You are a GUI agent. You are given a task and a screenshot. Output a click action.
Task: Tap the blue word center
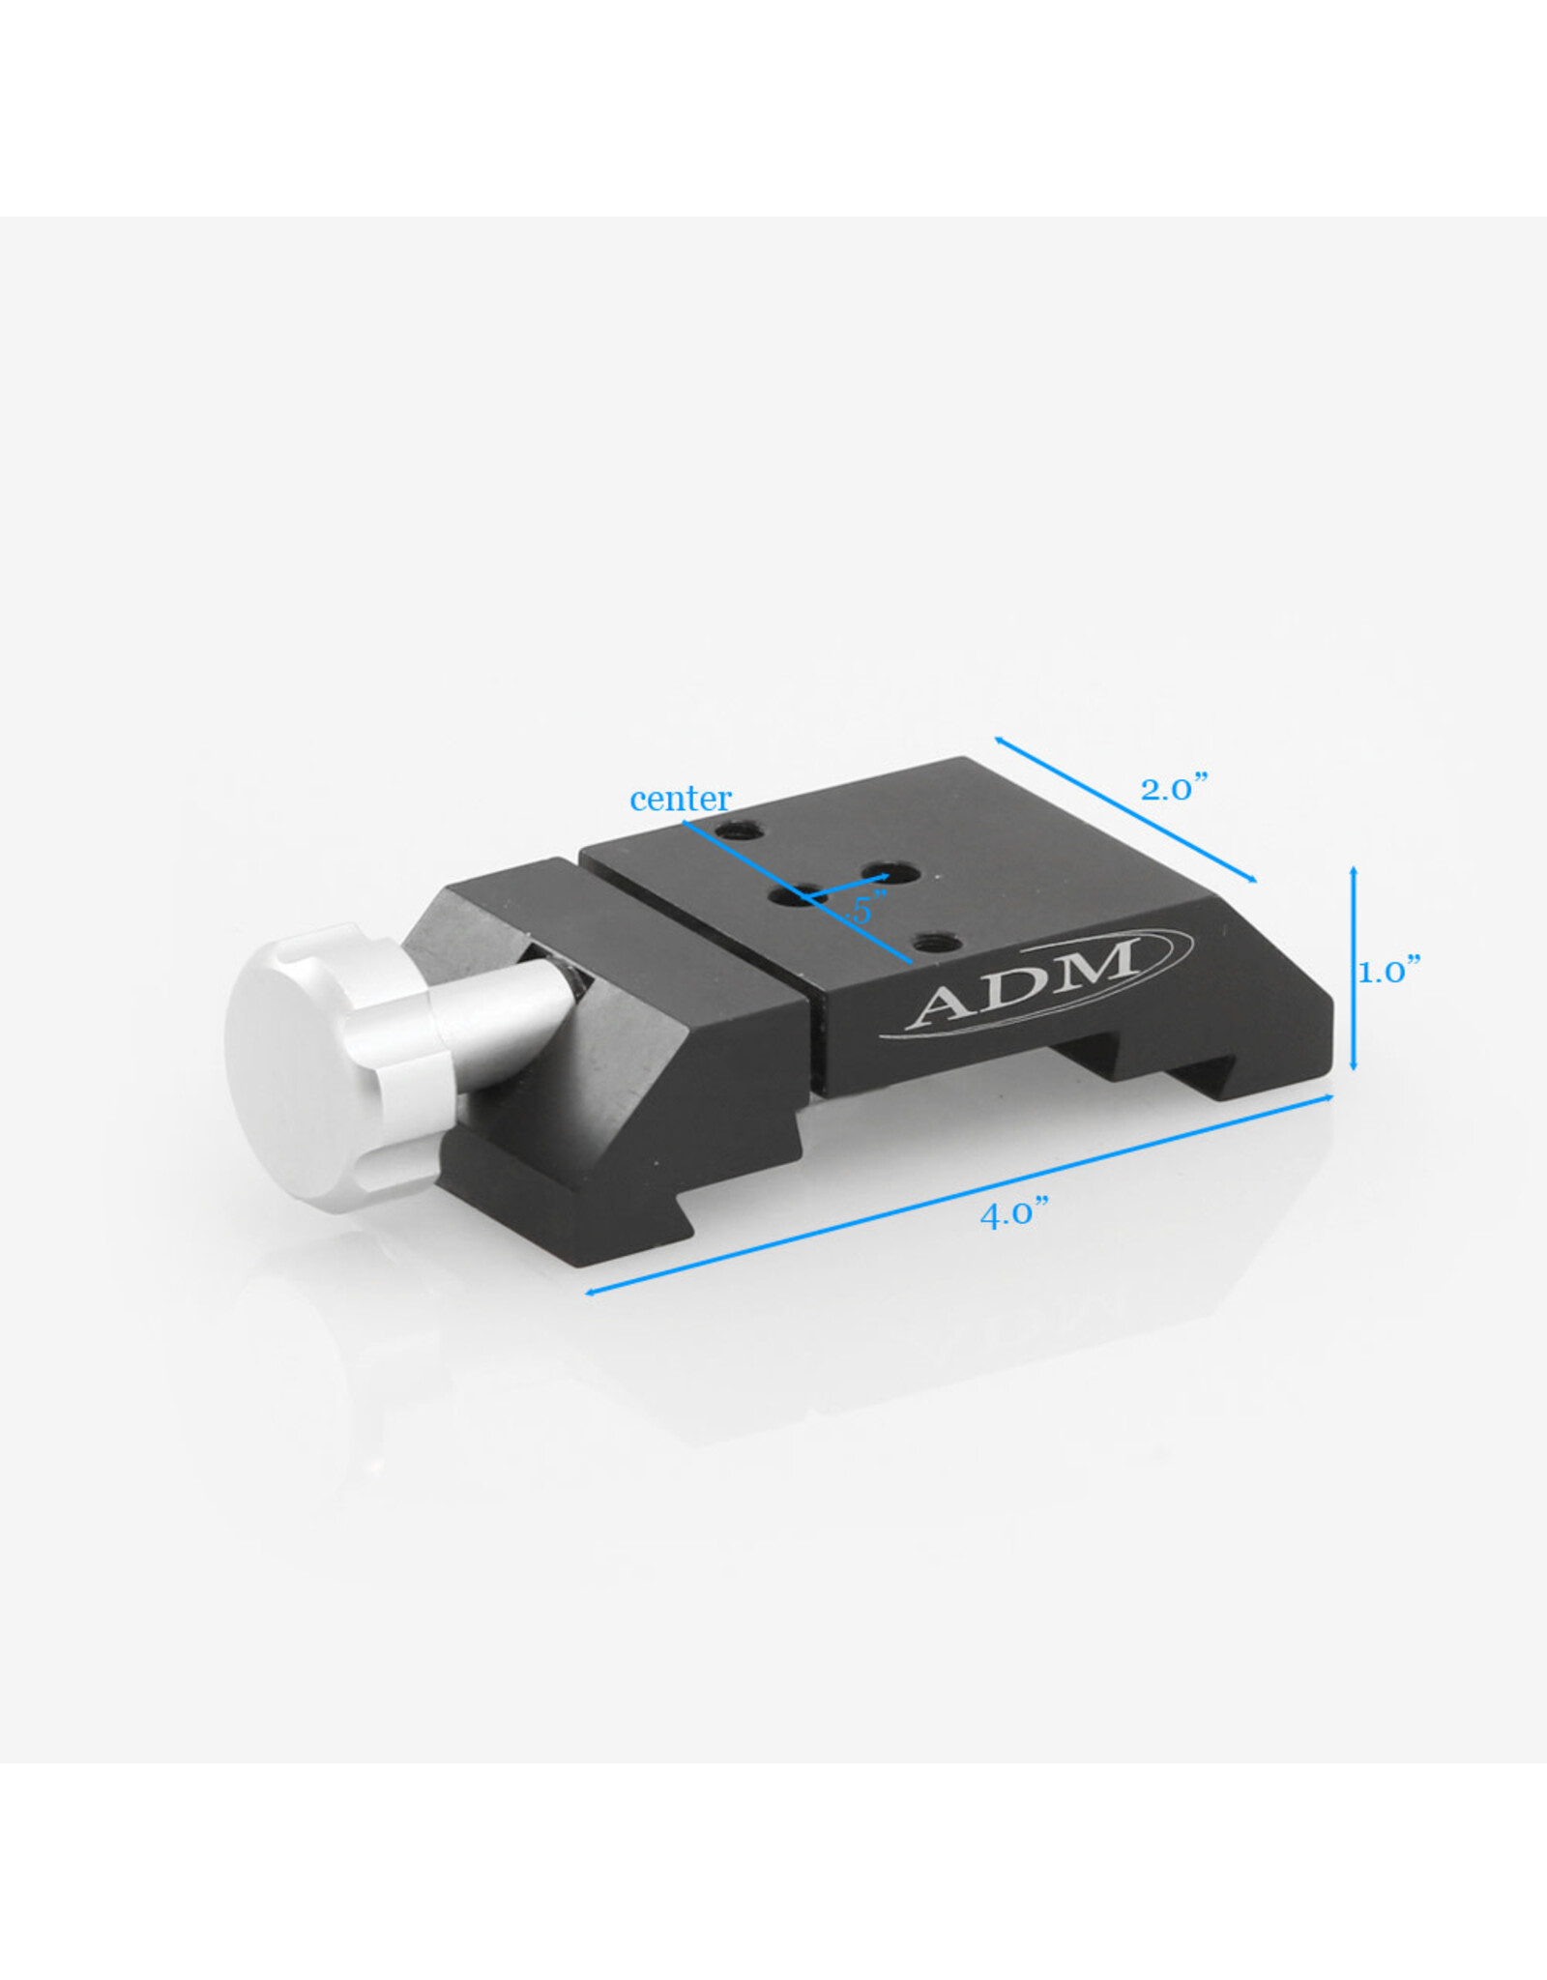[x=680, y=800]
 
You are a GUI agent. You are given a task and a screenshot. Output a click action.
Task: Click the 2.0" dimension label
[x=1174, y=789]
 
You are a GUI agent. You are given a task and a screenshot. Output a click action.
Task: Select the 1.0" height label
[x=1388, y=971]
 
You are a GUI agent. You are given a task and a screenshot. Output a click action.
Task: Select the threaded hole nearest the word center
[x=744, y=830]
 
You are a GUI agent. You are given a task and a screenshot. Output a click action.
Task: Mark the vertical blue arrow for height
[x=1353, y=969]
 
